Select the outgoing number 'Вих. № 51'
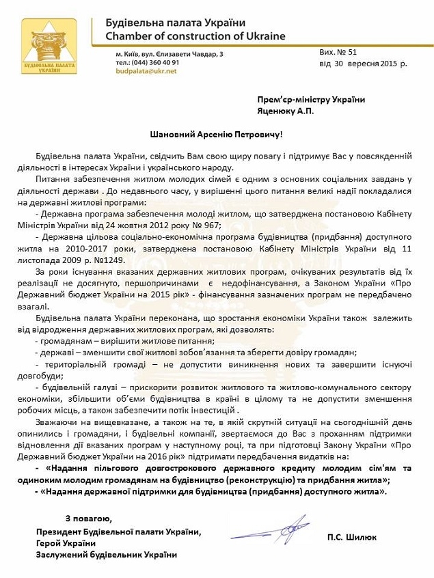(x=337, y=51)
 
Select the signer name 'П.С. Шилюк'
(x=350, y=537)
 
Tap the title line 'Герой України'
(x=66, y=542)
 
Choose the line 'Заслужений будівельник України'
(x=106, y=554)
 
